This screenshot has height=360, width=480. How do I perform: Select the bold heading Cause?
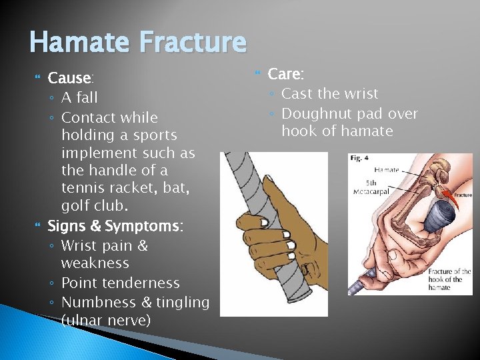[x=69, y=78]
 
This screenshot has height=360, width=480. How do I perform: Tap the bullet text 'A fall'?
[x=79, y=97]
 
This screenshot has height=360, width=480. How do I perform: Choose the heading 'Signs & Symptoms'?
[x=115, y=227]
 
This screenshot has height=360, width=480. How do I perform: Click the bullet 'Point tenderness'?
[x=120, y=283]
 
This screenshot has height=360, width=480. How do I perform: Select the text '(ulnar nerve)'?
[x=105, y=321]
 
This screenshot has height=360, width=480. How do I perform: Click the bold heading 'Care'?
[x=286, y=74]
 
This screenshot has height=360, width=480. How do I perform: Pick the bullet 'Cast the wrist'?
[x=329, y=94]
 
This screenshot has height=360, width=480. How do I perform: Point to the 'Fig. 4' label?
[x=361, y=159]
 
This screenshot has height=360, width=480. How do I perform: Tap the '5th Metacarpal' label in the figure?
[x=373, y=186]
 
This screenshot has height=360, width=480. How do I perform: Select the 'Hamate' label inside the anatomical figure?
[x=386, y=170]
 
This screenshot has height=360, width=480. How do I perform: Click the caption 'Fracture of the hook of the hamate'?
[x=449, y=279]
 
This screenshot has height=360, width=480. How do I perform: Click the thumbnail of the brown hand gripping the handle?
[x=273, y=233]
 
